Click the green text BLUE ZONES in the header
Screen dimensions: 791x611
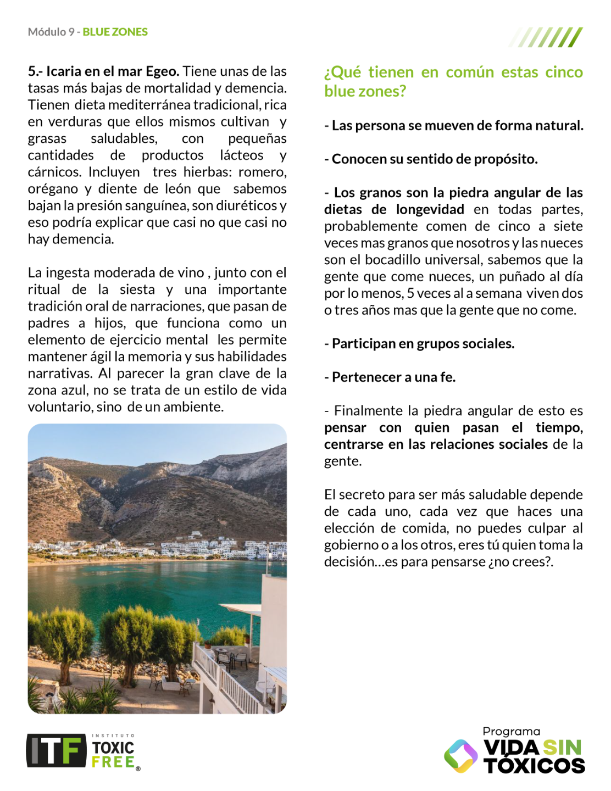point(115,32)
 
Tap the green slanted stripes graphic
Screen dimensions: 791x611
point(546,37)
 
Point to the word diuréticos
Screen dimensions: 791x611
point(248,205)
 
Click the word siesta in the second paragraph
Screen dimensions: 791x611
point(137,289)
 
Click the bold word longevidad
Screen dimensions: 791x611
point(430,209)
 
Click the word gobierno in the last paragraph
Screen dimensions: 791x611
point(351,545)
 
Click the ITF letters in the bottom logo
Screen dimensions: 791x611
point(56,750)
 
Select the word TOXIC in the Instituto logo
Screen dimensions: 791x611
point(113,748)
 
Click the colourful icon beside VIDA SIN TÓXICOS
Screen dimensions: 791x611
point(460,756)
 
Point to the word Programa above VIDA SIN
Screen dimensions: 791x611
point(511,731)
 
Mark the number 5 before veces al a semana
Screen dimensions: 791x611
point(410,293)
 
